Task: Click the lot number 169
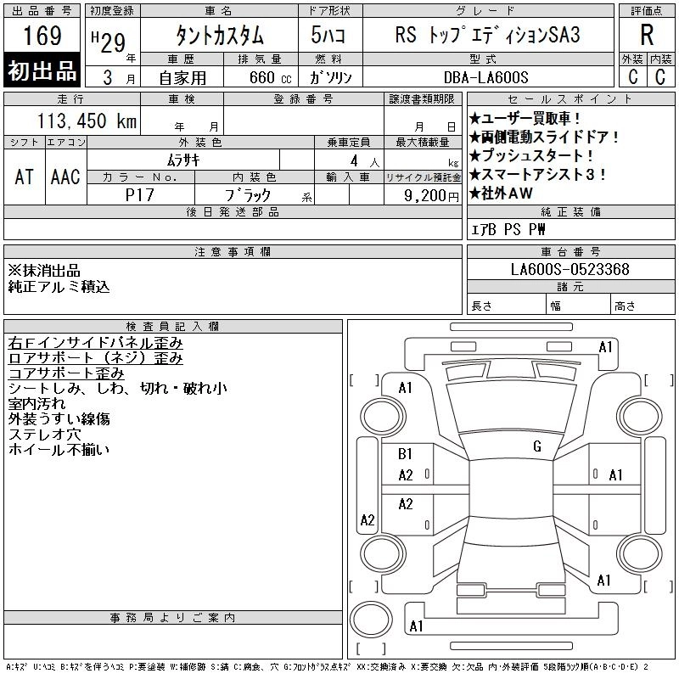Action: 42,36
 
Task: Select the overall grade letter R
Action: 647,36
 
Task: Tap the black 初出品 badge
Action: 42,71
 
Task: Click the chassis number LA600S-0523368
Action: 570,270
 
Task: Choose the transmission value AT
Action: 25,177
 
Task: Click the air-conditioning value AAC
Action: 65,177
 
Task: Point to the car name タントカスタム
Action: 218,36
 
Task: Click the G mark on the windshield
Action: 537,446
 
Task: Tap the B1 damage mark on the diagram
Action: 406,454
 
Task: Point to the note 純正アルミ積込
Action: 59,287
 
